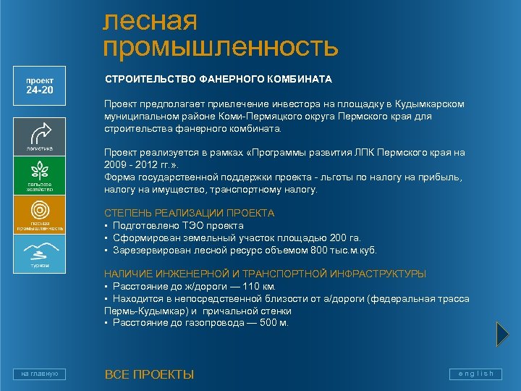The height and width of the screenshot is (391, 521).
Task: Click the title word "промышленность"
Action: click(x=221, y=47)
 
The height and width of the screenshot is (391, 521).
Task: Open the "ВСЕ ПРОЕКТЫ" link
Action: click(x=149, y=374)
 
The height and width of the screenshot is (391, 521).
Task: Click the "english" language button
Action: click(x=475, y=374)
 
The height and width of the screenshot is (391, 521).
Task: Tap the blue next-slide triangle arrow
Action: click(x=503, y=334)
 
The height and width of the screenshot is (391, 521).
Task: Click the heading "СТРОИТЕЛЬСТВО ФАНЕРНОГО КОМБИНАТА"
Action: click(x=218, y=78)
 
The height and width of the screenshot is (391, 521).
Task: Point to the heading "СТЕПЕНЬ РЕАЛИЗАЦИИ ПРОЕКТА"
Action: click(x=189, y=213)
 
